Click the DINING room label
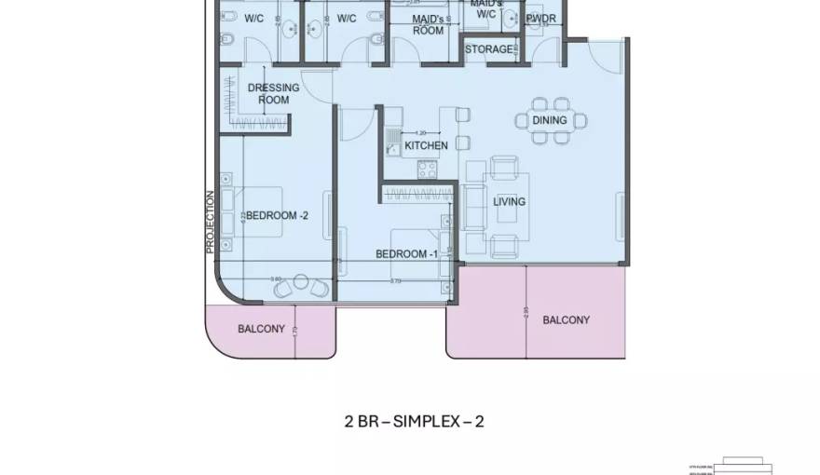click(549, 120)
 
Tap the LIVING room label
click(510, 201)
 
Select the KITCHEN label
click(426, 145)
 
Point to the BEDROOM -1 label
click(406, 254)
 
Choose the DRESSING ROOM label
click(273, 94)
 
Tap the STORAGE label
click(488, 49)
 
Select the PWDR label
click(541, 19)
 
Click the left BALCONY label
click(261, 329)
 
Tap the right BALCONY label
click(566, 320)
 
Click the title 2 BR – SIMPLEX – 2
click(414, 421)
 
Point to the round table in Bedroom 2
click(301, 282)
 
